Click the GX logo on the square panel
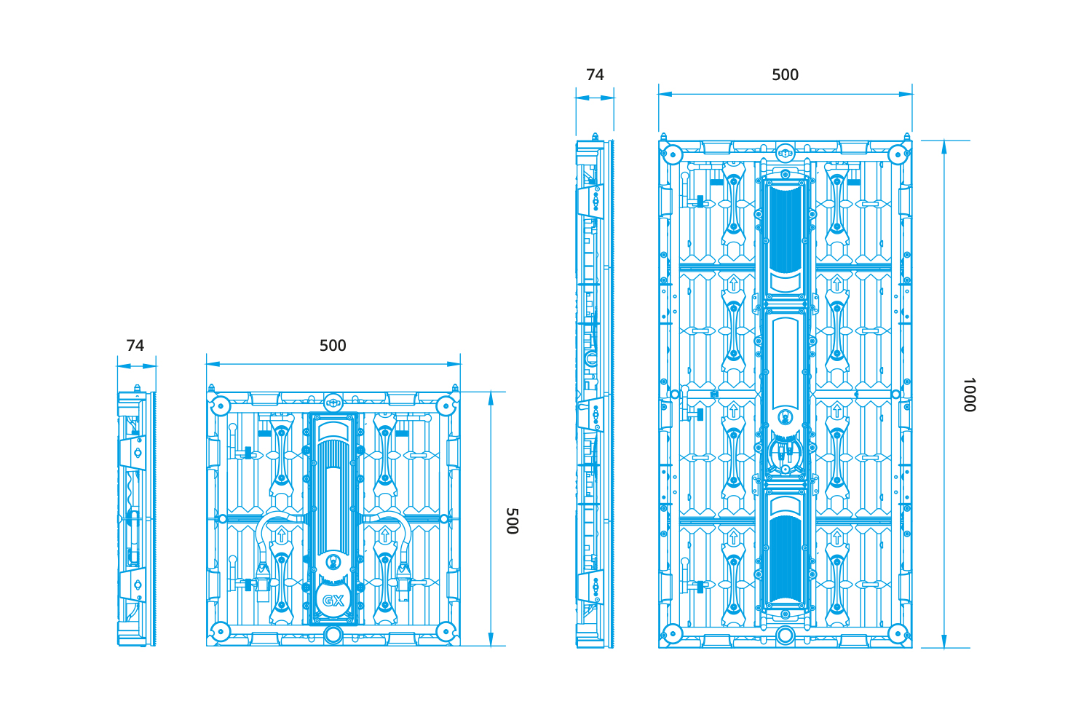point(333,601)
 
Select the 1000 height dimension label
point(969,395)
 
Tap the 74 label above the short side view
point(135,345)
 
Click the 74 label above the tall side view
point(595,74)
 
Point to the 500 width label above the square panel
point(333,345)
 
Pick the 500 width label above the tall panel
point(785,74)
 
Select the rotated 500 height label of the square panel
point(512,521)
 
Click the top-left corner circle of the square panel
point(221,405)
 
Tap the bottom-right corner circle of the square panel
point(446,631)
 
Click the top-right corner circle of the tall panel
point(898,155)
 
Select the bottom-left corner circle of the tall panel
point(673,634)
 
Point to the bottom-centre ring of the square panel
point(333,635)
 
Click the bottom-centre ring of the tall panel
point(785,636)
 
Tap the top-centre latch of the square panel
point(333,403)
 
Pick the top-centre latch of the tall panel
point(785,154)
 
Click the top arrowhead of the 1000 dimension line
point(943,147)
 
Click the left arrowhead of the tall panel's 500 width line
point(665,94)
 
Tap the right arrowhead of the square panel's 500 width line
point(454,364)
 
